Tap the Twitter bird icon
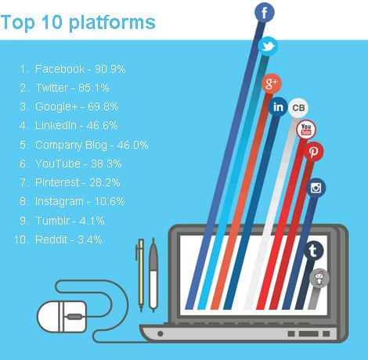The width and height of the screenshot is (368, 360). tap(269, 47)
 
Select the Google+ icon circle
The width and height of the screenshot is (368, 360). tap(272, 83)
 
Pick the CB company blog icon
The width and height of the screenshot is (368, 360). tap(298, 108)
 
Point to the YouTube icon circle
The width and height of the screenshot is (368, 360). tap(307, 129)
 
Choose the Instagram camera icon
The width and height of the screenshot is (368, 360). tap(316, 188)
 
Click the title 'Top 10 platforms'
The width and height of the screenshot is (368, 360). tap(78, 21)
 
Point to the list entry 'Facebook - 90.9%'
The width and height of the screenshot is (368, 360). tap(80, 69)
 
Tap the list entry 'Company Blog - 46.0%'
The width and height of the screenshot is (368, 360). tap(92, 145)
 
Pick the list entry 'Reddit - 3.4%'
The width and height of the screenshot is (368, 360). tap(69, 239)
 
